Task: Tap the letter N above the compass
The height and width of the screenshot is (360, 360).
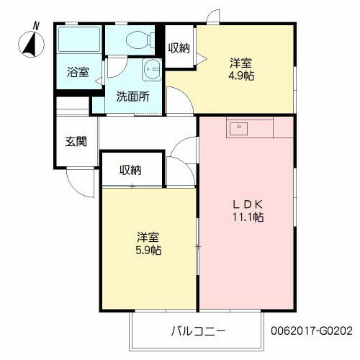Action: (36, 26)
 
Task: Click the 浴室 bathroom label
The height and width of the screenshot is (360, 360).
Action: (78, 73)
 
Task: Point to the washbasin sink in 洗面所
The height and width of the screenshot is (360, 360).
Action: (152, 71)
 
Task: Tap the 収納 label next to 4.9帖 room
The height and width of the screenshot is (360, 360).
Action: (179, 48)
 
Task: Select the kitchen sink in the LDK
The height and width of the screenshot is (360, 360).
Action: (238, 129)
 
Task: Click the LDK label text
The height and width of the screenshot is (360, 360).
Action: (246, 204)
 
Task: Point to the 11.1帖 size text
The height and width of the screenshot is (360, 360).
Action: (246, 217)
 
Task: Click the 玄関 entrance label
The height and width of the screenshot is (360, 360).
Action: (76, 141)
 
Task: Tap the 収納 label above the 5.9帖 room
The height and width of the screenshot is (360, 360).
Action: (130, 170)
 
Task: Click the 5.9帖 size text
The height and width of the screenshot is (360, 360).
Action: (148, 251)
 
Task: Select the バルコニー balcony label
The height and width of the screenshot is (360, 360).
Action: (198, 332)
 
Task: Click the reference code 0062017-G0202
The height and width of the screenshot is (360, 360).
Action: (312, 332)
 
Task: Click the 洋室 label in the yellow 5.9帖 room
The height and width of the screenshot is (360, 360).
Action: (148, 237)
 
